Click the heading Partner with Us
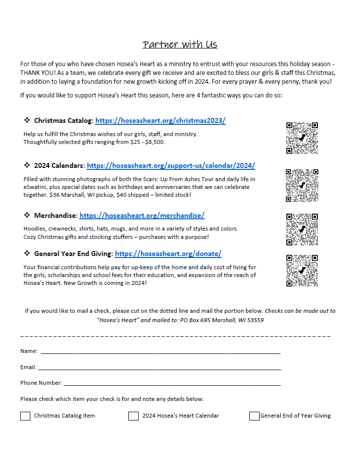click(x=180, y=45)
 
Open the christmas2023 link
click(x=160, y=120)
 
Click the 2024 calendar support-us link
click(x=170, y=165)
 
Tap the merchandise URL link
click(x=142, y=215)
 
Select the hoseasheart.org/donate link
click(x=168, y=254)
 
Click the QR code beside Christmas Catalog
click(x=302, y=139)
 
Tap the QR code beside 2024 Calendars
click(x=302, y=186)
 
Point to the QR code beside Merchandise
click(x=302, y=229)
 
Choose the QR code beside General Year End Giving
click(x=302, y=270)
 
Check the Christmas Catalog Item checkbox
click(x=25, y=416)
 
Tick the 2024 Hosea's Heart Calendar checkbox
click(x=133, y=416)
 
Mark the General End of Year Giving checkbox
click(x=254, y=416)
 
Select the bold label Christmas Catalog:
click(x=64, y=120)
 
